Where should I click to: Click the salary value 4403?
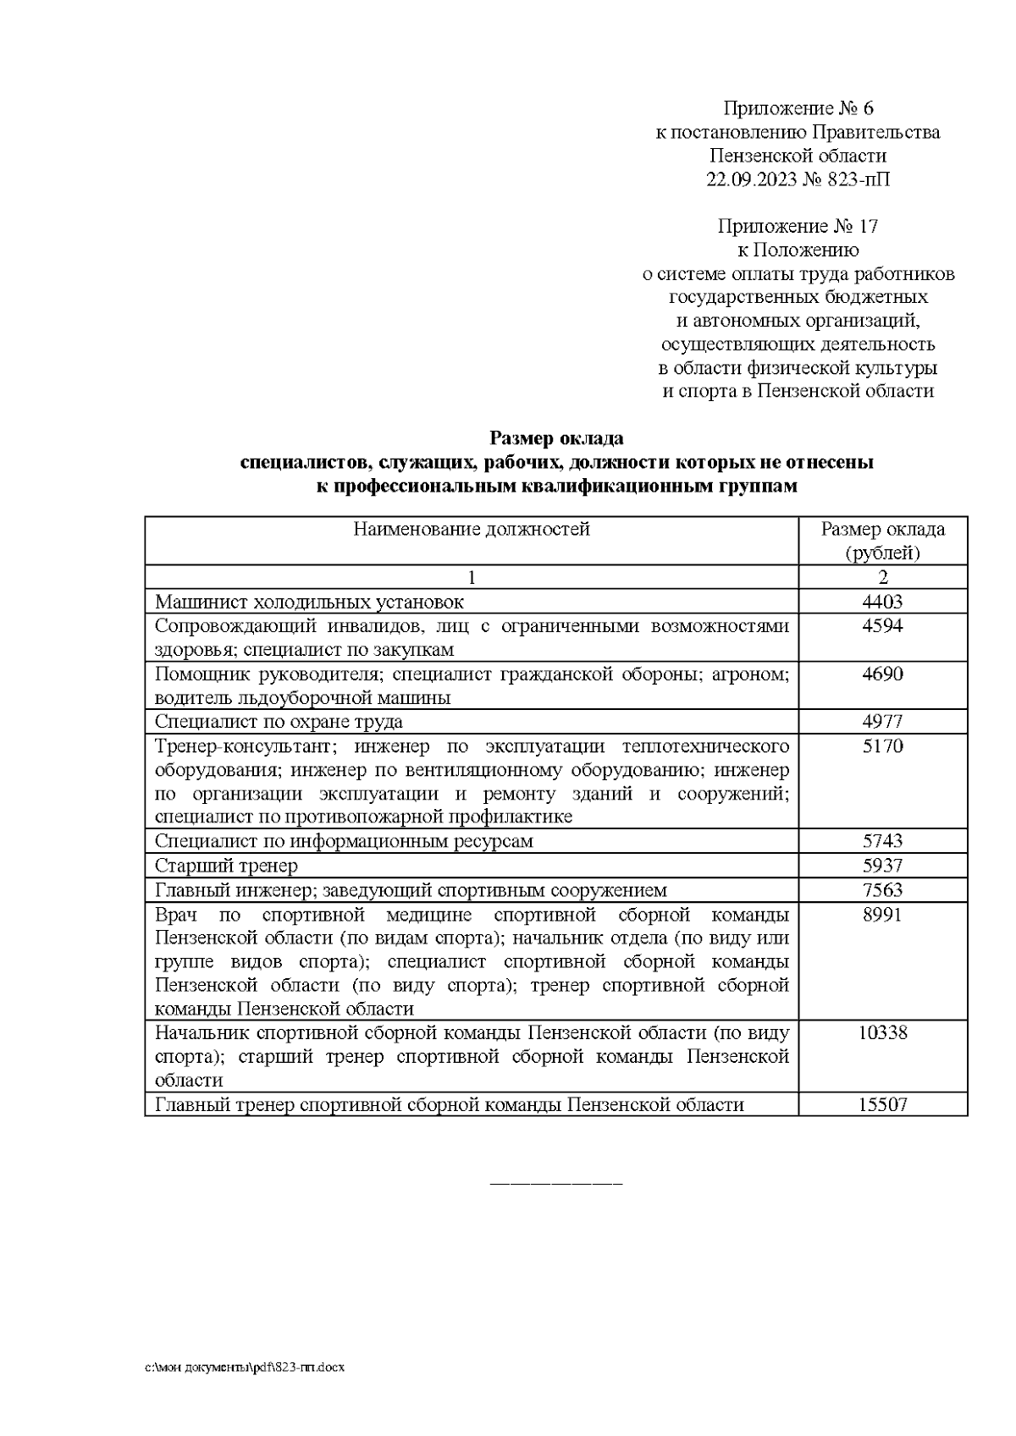[x=882, y=602]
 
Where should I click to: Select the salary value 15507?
[x=882, y=1104]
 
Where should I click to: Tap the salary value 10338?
[x=882, y=1032]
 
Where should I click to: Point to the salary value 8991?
[x=882, y=915]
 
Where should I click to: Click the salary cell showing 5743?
[x=882, y=841]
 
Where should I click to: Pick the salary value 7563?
[x=882, y=890]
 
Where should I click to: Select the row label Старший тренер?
[x=226, y=866]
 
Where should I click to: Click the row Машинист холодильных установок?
[x=309, y=602]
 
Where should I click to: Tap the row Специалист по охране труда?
[x=279, y=722]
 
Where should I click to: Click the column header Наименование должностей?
[x=472, y=530]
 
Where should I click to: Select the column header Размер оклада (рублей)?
[x=882, y=542]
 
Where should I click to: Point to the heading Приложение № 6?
[x=798, y=108]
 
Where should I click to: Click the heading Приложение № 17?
[x=798, y=226]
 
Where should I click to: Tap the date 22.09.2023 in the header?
[x=747, y=179]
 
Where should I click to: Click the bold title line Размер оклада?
[x=556, y=438]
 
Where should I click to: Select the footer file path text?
[x=244, y=1368]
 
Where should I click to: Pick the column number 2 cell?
[x=882, y=578]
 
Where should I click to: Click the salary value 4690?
[x=882, y=674]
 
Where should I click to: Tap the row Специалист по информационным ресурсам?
[x=344, y=841]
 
